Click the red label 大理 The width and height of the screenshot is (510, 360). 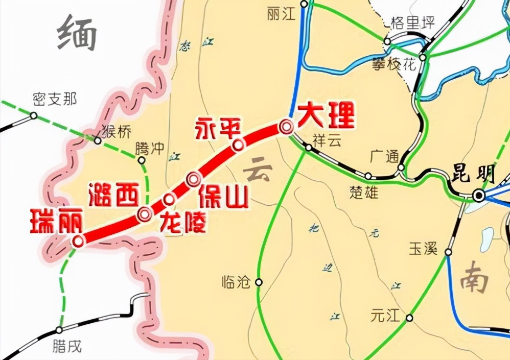326,116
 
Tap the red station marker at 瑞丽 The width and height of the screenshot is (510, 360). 78,241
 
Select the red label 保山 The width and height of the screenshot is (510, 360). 223,197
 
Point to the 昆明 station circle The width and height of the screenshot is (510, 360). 479,195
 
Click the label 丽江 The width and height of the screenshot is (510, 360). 282,14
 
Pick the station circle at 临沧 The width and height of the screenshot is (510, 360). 259,282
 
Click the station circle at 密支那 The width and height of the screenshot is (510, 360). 34,116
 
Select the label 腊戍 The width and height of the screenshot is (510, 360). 67,346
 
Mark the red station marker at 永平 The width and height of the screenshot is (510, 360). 238,146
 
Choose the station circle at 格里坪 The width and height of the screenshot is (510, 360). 387,41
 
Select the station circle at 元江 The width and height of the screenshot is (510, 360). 409,318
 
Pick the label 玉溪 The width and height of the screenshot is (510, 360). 424,249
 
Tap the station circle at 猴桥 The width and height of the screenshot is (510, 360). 98,140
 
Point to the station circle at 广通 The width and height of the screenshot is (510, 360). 401,167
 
